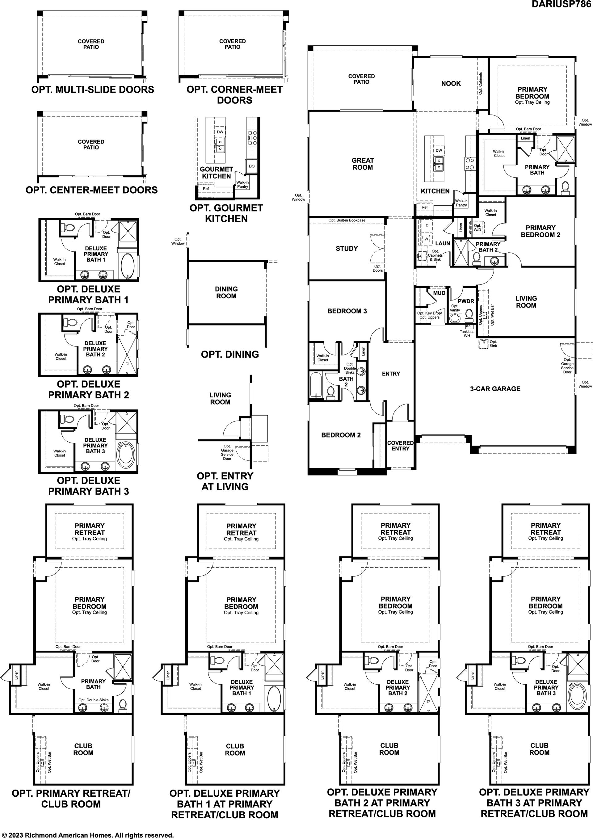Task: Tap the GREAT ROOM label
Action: coord(362,164)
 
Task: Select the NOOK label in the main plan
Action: coord(451,83)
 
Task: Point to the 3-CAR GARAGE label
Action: coord(495,389)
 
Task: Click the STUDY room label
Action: coord(347,249)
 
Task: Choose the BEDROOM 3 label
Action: coord(347,311)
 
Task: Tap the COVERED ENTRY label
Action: coord(400,446)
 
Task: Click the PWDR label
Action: coord(466,301)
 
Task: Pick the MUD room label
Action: coord(439,293)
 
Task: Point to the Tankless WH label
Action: coord(467,334)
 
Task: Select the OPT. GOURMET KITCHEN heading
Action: coord(226,213)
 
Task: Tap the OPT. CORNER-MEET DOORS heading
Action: coord(235,94)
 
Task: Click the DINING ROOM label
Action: coord(226,292)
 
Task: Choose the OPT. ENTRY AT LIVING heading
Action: coord(225,481)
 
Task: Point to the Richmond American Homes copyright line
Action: coord(88,835)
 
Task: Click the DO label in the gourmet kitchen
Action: coord(251,166)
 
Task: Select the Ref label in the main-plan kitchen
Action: coord(424,207)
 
